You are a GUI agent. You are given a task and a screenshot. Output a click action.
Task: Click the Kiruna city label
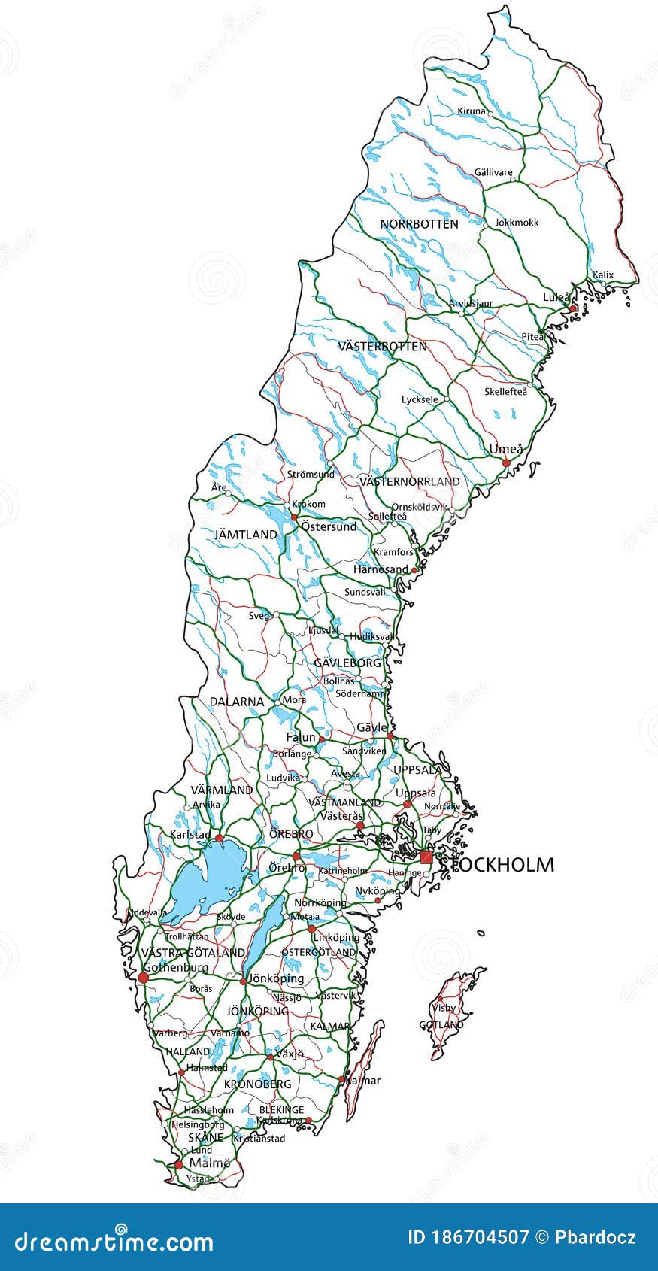pyautogui.click(x=472, y=111)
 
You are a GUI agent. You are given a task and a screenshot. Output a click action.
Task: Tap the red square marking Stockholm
pyautogui.click(x=426, y=857)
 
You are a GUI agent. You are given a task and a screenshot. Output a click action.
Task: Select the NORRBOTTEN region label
pyautogui.click(x=419, y=224)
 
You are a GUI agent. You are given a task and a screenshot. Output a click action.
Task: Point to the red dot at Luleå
pyautogui.click(x=572, y=308)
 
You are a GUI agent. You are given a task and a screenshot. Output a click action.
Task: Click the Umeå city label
pyautogui.click(x=505, y=449)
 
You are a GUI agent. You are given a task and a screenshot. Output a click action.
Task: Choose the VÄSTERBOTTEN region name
pyautogui.click(x=382, y=347)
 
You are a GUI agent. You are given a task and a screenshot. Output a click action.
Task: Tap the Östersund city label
pyautogui.click(x=329, y=526)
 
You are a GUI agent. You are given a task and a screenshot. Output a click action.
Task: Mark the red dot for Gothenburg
pyautogui.click(x=143, y=977)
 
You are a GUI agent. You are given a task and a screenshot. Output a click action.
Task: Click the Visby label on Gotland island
pyautogui.click(x=444, y=1007)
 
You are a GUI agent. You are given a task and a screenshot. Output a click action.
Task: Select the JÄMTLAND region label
pyautogui.click(x=246, y=535)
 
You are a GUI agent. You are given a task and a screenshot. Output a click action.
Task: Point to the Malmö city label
pyautogui.click(x=210, y=1163)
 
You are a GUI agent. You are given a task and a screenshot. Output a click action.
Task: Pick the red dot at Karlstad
pyautogui.click(x=219, y=838)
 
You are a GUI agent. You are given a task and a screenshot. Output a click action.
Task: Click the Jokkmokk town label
pyautogui.click(x=517, y=223)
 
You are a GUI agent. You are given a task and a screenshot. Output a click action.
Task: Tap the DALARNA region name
pyautogui.click(x=237, y=702)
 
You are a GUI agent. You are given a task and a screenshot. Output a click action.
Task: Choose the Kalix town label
pyautogui.click(x=603, y=275)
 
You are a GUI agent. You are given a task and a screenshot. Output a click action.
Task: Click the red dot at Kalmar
pyautogui.click(x=342, y=1080)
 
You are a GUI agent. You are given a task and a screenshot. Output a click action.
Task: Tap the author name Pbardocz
pyautogui.click(x=596, y=1237)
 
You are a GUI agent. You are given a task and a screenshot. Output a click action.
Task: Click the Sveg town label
pyautogui.click(x=259, y=615)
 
